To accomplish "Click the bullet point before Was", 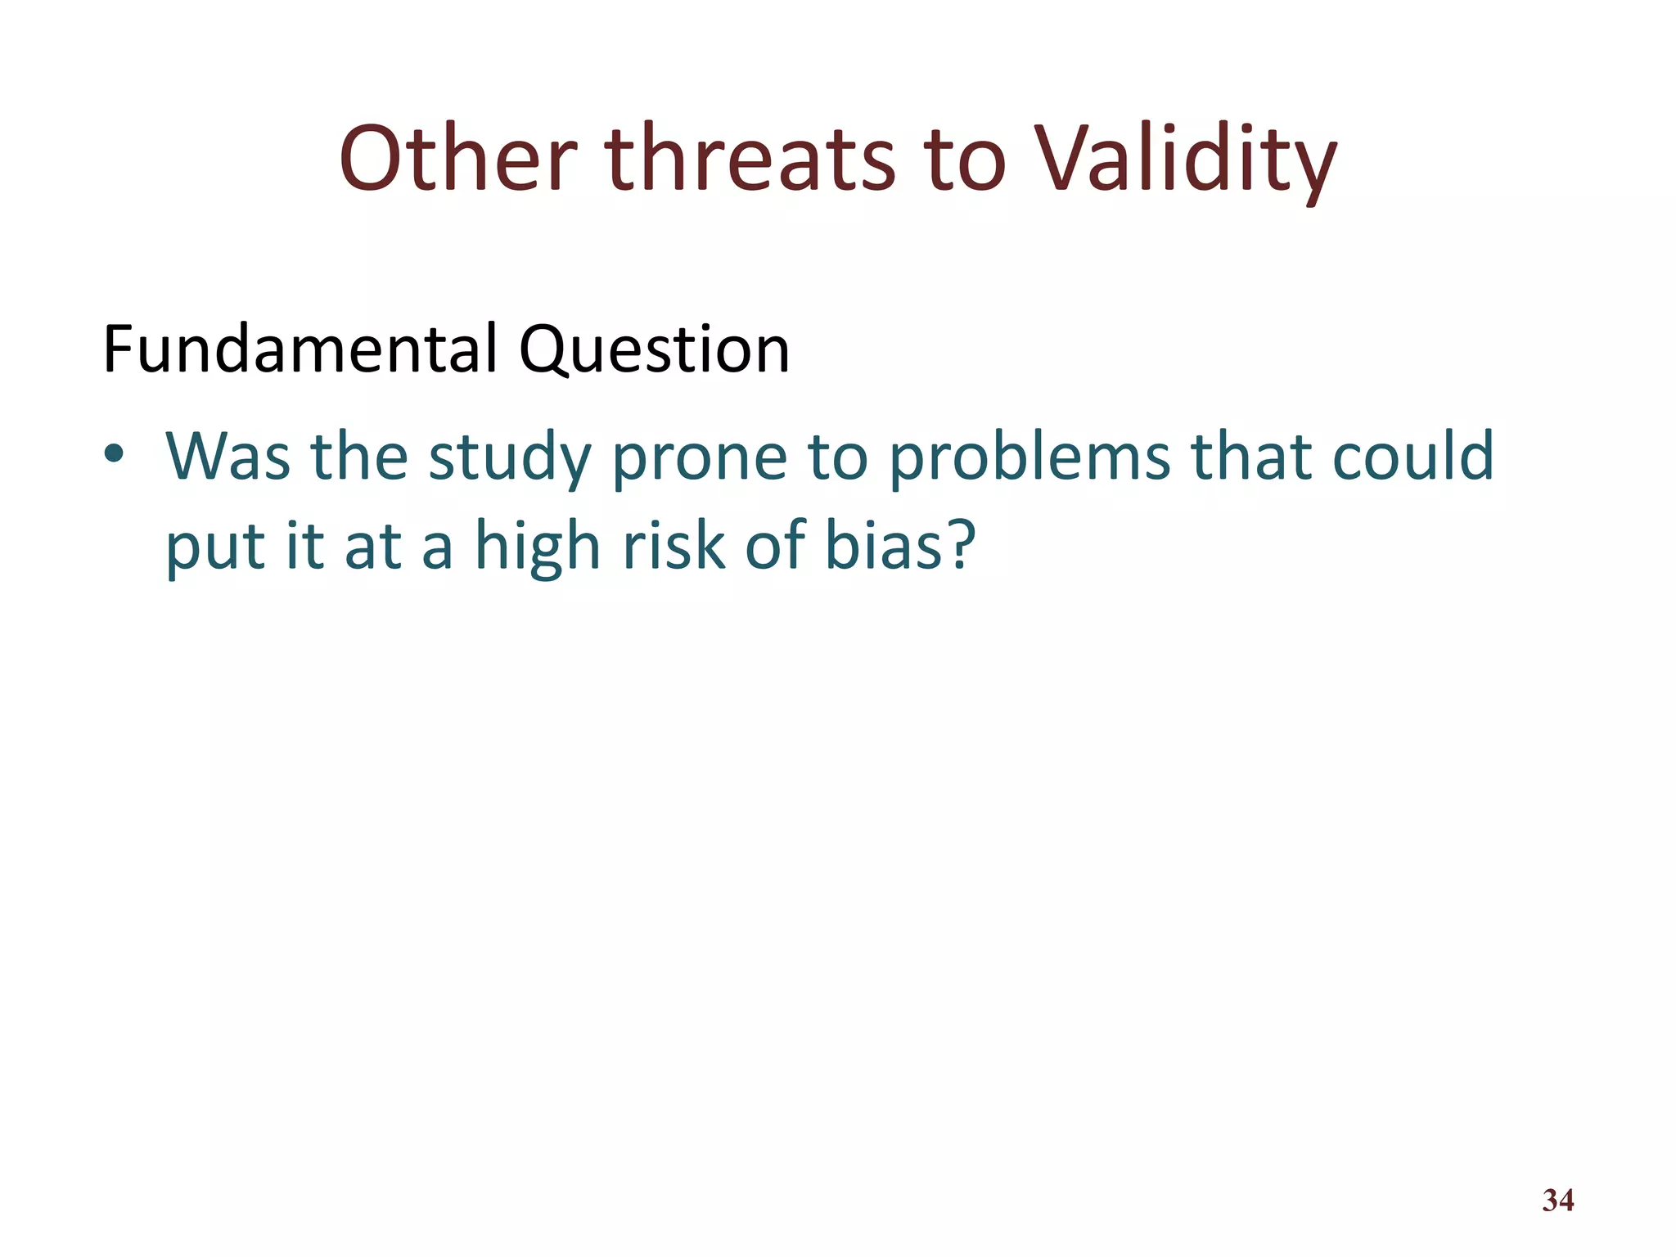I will pyautogui.click(x=114, y=454).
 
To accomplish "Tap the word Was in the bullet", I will pyautogui.click(x=228, y=456).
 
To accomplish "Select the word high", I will pyautogui.click(x=538, y=547).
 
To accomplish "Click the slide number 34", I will pyautogui.click(x=1557, y=1201).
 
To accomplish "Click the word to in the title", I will pyautogui.click(x=964, y=160).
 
